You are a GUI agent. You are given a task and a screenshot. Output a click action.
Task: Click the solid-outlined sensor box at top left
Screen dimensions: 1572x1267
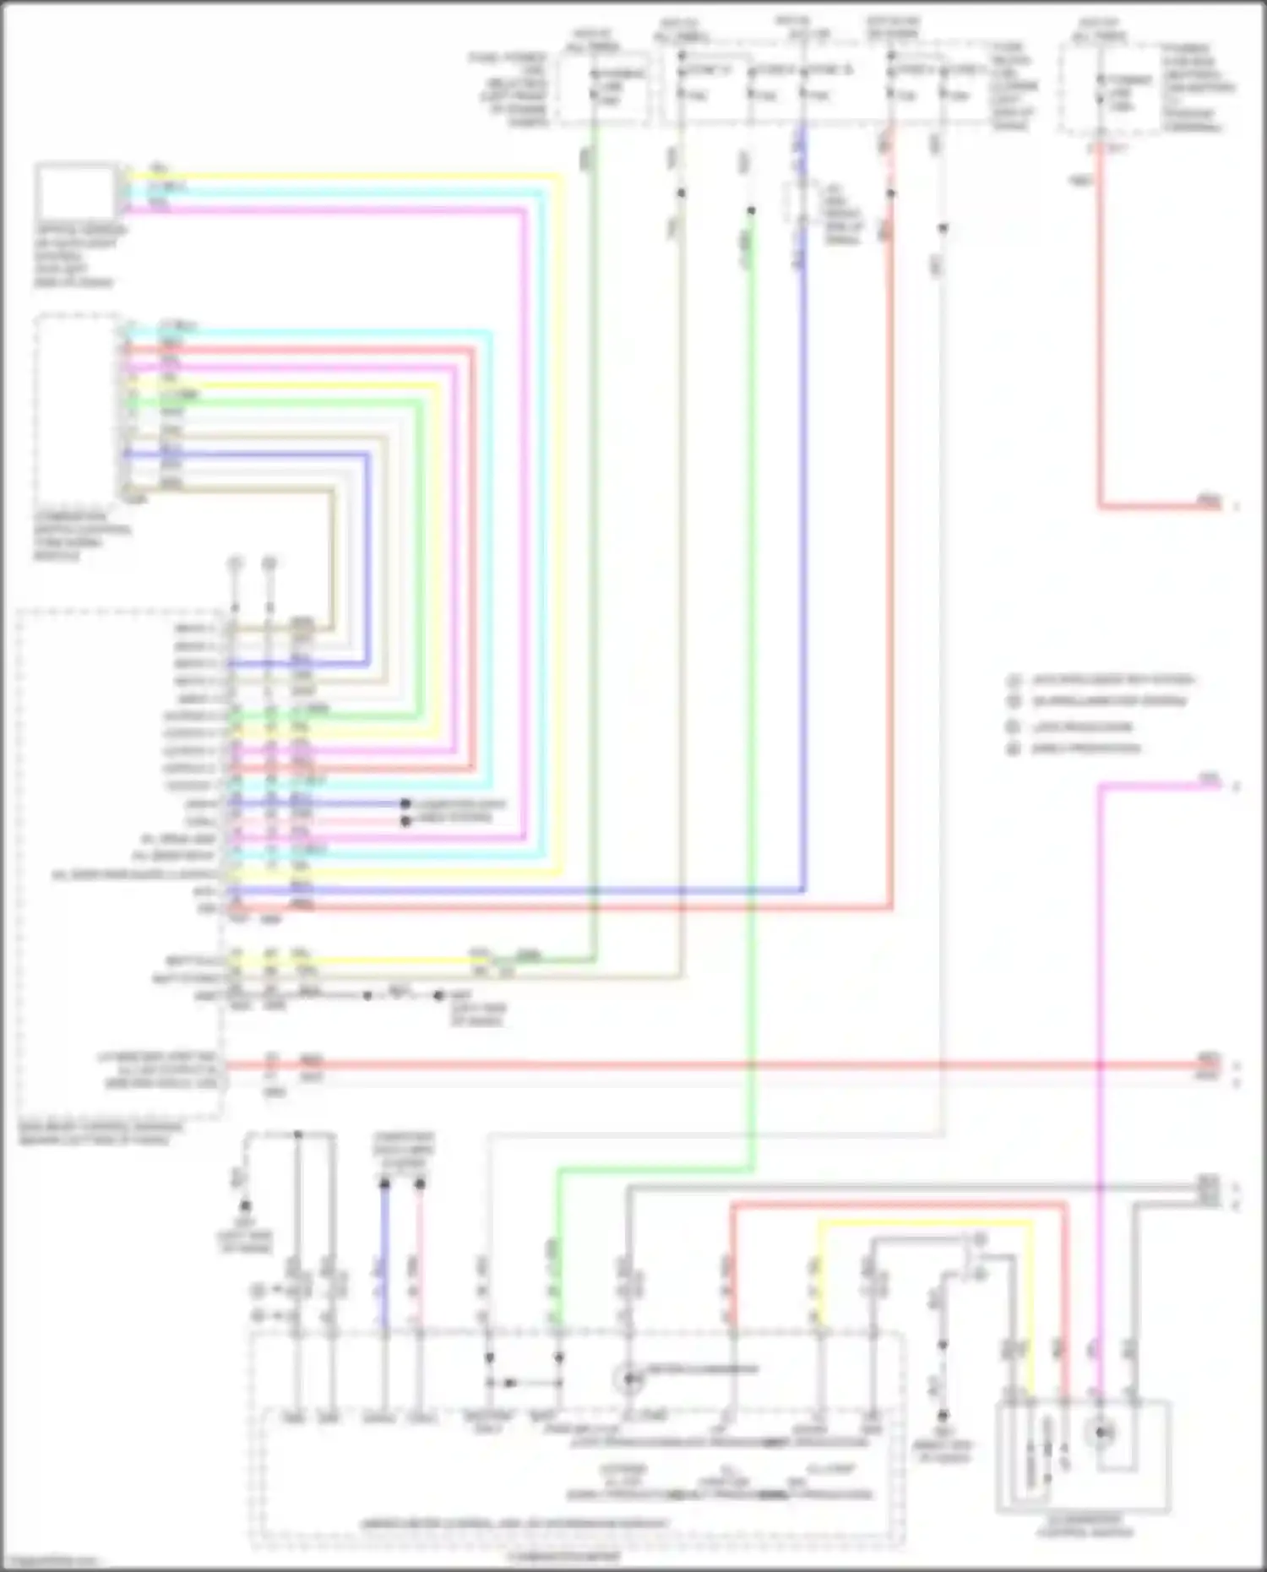point(76,192)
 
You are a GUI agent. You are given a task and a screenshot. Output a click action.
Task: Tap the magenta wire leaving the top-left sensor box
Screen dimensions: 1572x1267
point(338,209)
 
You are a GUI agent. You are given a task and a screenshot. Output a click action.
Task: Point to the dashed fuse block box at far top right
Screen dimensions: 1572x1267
point(1115,89)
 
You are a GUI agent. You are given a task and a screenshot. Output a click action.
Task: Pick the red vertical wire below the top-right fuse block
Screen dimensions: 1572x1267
point(1100,338)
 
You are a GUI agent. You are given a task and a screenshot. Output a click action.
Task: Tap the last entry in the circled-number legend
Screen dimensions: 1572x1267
point(1085,748)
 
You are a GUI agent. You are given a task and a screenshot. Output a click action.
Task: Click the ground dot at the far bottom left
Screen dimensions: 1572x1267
point(245,1206)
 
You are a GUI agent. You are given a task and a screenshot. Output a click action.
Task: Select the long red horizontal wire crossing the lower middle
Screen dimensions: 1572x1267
point(718,1065)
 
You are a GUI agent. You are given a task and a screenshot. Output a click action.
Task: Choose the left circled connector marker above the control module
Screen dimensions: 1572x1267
point(236,563)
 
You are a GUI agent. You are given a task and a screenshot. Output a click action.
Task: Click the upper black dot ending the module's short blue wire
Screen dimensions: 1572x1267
point(405,803)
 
